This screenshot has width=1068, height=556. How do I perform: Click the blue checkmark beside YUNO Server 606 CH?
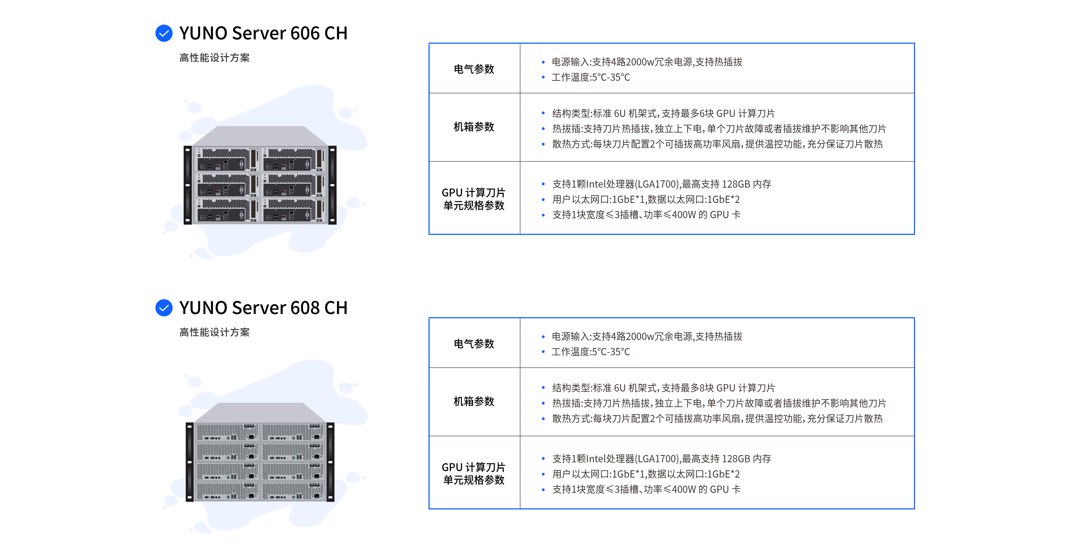[164, 33]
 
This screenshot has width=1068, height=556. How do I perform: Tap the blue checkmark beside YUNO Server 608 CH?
[164, 308]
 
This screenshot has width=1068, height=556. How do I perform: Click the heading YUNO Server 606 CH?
[263, 33]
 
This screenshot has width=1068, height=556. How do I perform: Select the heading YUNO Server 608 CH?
[263, 308]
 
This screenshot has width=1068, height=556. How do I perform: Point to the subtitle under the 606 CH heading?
[214, 58]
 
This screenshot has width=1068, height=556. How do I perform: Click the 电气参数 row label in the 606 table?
[474, 69]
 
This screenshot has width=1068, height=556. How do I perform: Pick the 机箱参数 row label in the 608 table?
[474, 401]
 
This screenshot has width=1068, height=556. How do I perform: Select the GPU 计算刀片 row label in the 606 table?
[474, 199]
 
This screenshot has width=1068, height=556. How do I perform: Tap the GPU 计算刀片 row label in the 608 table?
[474, 474]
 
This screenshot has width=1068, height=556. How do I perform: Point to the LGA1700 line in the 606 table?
[661, 184]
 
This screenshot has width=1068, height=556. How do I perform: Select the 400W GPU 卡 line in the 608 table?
[646, 489]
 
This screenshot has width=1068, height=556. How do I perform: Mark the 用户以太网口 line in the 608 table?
[645, 474]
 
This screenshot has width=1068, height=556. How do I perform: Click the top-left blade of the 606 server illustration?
[227, 160]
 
